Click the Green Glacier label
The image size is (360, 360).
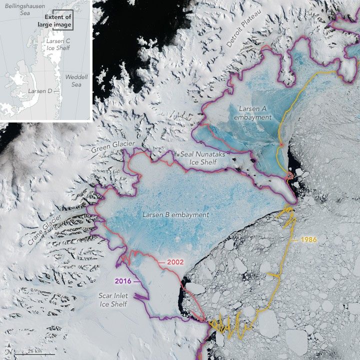[113, 146]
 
